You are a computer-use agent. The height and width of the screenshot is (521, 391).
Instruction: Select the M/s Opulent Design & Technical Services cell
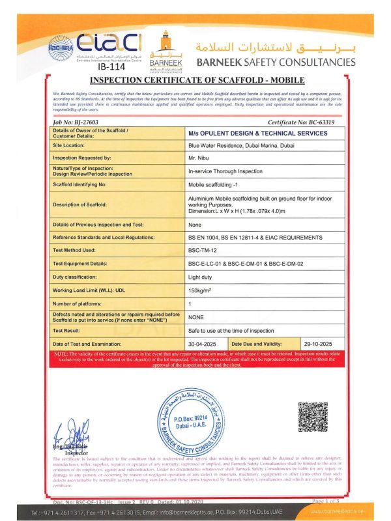(257, 133)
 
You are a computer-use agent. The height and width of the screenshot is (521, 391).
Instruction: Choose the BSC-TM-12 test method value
(203, 249)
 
